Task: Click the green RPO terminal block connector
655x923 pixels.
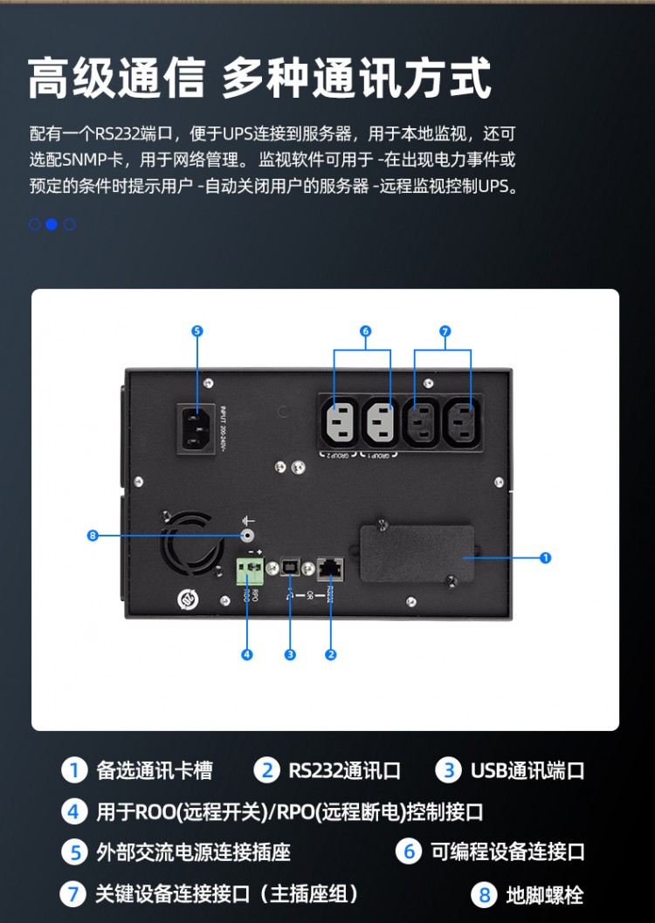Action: tap(250, 571)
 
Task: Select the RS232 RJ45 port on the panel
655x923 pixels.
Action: tap(331, 567)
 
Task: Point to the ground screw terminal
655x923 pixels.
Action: tap(248, 535)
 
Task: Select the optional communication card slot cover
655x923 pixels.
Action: tap(417, 555)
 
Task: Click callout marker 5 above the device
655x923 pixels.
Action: tap(196, 331)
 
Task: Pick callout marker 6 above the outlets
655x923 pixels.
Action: tap(365, 331)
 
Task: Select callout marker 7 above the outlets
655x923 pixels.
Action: tap(445, 331)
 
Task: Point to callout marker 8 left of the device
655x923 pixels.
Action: tap(93, 535)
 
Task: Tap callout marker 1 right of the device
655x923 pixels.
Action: tap(546, 557)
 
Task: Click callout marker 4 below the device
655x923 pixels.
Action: tap(247, 654)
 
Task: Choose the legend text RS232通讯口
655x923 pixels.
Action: tap(344, 770)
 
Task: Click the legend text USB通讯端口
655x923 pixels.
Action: tap(527, 770)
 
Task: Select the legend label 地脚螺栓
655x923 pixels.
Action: tap(544, 894)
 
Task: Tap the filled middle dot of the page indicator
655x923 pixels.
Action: tap(52, 224)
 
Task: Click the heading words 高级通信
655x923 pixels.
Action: tap(116, 80)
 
